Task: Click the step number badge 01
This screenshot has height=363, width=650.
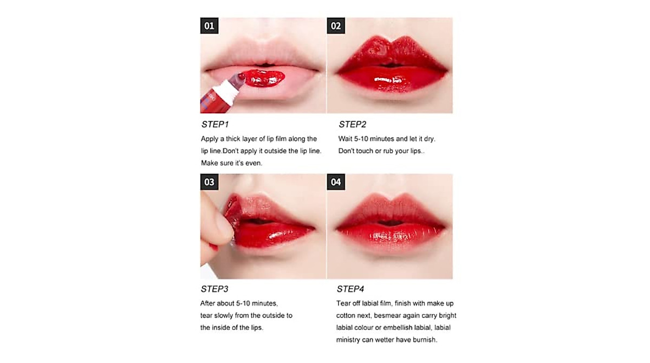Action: click(209, 26)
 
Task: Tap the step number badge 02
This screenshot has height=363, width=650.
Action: click(336, 26)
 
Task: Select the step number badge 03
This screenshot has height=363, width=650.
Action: click(209, 182)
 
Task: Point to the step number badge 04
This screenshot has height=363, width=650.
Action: click(336, 182)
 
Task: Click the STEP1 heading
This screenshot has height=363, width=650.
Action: click(216, 125)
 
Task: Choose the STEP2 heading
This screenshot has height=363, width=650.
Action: click(353, 125)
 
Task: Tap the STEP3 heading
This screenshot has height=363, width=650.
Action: click(216, 289)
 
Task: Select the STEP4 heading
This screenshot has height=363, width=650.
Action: click(351, 289)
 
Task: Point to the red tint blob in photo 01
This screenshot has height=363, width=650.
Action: click(265, 77)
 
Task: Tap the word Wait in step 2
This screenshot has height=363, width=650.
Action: click(347, 139)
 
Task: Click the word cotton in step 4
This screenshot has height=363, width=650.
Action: click(348, 315)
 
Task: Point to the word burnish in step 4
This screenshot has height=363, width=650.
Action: click(424, 340)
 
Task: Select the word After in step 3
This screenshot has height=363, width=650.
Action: click(210, 303)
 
